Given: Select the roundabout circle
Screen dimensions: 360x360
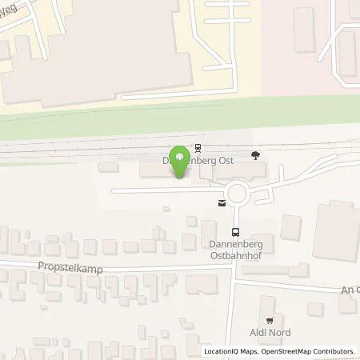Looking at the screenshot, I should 237,193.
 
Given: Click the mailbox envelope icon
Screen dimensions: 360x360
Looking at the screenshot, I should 221,204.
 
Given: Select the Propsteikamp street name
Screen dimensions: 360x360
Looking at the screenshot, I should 70,270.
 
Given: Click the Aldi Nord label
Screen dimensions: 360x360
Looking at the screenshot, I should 269,332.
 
